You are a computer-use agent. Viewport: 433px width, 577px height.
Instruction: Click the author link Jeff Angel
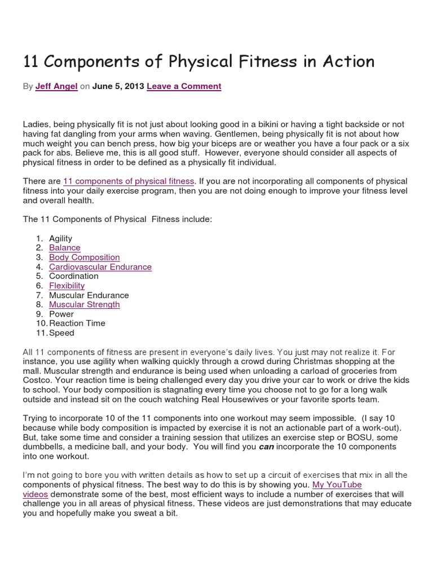tap(56, 86)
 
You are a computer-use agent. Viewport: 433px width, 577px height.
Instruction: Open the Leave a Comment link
tap(184, 86)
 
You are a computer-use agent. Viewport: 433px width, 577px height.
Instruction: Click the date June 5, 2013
tap(118, 86)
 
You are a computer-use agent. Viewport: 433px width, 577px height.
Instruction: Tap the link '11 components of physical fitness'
tap(129, 181)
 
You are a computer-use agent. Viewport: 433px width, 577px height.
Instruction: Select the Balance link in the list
tap(65, 248)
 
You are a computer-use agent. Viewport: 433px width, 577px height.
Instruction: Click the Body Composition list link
tap(85, 258)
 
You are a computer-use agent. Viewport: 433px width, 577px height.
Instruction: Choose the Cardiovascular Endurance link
tap(100, 267)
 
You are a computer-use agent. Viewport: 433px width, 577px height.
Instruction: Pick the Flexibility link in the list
tap(67, 286)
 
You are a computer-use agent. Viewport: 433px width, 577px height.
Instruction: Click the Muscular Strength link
tap(85, 304)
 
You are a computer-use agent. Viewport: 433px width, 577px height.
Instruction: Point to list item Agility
tap(61, 238)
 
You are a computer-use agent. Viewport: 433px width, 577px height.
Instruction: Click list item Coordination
tap(74, 276)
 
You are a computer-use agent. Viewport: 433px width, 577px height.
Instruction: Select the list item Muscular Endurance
tap(89, 295)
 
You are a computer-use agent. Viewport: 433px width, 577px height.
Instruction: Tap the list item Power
tap(61, 314)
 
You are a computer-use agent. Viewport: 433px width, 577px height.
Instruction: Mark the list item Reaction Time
tap(77, 323)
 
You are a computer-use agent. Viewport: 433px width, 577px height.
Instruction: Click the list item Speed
tap(62, 333)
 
